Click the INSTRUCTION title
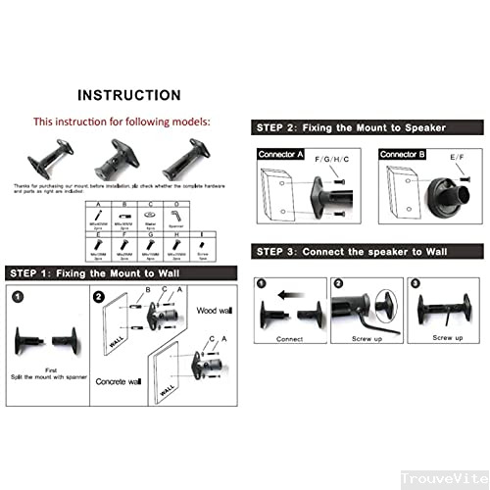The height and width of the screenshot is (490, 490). click(x=129, y=95)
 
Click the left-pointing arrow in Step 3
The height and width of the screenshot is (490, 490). click(x=286, y=291)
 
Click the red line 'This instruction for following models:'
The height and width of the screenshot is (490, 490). click(x=122, y=122)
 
